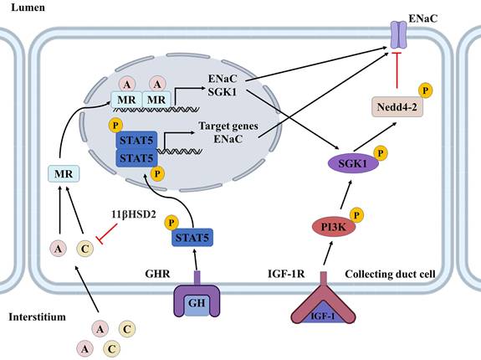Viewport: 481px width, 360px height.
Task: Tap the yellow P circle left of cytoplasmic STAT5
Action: point(172,224)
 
